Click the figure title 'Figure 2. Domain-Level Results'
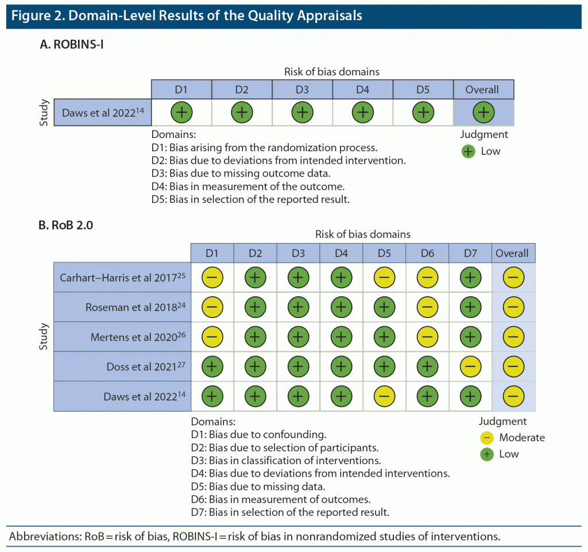click(x=187, y=16)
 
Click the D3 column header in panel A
click(x=302, y=90)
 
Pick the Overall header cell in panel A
click(x=483, y=90)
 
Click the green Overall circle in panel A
click(x=483, y=112)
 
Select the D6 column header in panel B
click(x=427, y=253)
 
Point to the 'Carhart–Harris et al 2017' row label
click(x=122, y=278)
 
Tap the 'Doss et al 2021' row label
click(x=145, y=367)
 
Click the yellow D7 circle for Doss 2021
click(x=470, y=367)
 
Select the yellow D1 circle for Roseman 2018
click(x=212, y=307)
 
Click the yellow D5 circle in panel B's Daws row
click(x=384, y=396)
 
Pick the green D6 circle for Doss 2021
click(x=427, y=367)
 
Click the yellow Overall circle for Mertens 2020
click(x=513, y=337)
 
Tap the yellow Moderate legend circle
click(x=486, y=438)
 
